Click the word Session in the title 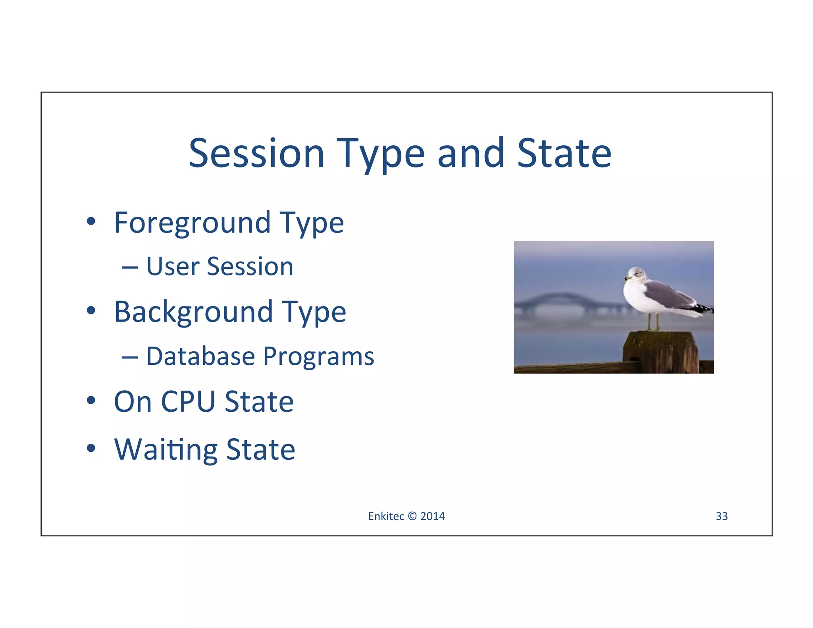point(256,153)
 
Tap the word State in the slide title point(564,153)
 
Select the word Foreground point(192,223)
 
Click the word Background point(194,312)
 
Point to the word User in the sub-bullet point(173,266)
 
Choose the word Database point(200,356)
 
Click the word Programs point(319,357)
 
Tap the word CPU point(188,402)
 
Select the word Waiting point(166,450)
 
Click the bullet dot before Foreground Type point(91,221)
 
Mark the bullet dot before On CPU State point(91,400)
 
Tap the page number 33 point(721,516)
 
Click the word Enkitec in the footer point(386,516)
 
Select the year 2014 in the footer point(432,516)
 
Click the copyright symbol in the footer point(412,516)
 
